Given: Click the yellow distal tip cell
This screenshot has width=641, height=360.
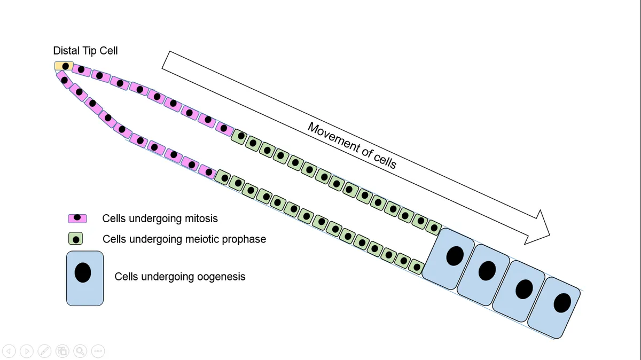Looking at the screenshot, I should point(64,66).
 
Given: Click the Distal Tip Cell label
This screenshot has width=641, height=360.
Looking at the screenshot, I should point(85,51).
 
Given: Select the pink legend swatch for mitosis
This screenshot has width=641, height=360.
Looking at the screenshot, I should point(77,218).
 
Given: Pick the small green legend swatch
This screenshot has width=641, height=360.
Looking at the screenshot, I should point(75,239).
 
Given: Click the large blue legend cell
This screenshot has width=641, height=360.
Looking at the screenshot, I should point(84,278).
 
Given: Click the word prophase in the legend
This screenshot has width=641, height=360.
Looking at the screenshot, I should point(243,239).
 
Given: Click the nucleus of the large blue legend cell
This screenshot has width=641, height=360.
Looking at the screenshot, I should point(83,273).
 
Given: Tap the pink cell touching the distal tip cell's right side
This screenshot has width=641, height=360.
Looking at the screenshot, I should point(81,70).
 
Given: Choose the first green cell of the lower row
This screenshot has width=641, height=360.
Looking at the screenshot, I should point(224,177).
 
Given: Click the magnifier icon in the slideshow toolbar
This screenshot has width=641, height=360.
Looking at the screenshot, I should point(80,351).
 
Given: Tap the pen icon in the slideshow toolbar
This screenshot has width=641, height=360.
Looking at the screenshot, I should point(45,351).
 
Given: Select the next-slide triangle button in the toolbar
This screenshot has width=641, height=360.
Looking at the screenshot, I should point(27,351).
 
